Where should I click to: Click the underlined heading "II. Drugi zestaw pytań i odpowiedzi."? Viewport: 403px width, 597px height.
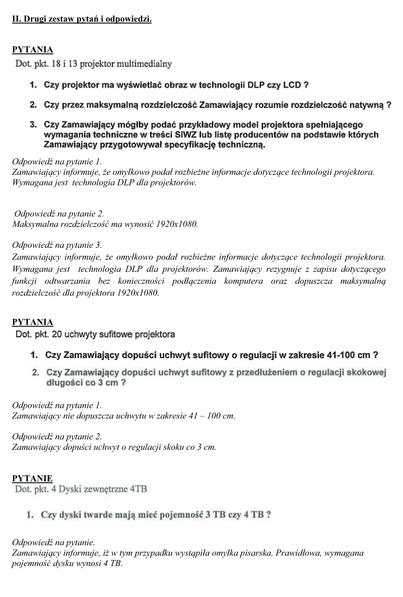82,19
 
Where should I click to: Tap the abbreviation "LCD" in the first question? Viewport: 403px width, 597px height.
295,85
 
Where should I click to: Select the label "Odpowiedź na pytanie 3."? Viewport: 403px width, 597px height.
57,245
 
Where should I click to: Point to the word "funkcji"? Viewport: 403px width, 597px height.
26,281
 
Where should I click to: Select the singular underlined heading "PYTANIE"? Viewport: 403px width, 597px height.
32,478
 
